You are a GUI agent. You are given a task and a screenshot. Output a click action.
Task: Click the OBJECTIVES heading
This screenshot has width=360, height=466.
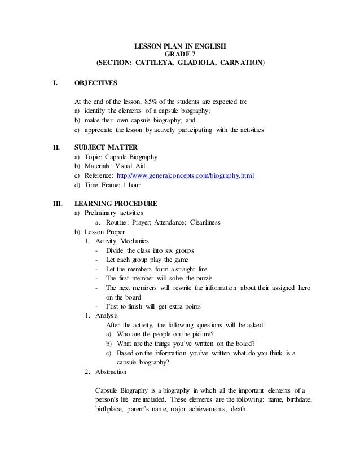pos(96,83)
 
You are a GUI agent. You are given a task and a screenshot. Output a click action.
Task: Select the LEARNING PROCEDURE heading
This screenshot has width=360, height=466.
pos(116,203)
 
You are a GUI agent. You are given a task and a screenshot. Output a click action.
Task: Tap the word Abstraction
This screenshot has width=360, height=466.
pos(111,372)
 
